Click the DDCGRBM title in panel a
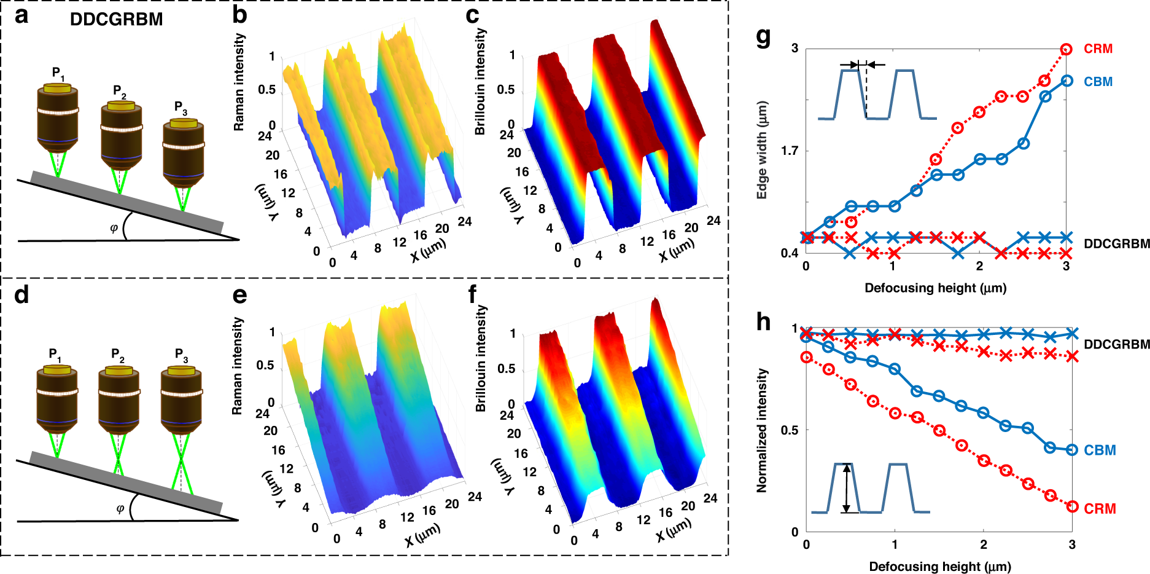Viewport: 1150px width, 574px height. coord(116,19)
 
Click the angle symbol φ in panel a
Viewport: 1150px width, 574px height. coord(114,228)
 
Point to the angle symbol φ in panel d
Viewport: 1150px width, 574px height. coord(120,508)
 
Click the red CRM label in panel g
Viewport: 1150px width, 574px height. coord(1098,49)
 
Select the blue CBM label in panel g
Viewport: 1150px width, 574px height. coord(1098,82)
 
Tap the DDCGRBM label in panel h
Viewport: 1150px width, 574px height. coord(1116,344)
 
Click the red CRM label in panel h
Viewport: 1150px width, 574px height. coord(1100,509)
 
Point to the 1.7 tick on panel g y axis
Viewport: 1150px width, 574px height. coord(790,151)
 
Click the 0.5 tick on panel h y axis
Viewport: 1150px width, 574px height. coord(790,430)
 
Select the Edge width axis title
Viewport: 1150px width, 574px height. coord(762,150)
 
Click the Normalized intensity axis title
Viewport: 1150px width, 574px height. coord(762,430)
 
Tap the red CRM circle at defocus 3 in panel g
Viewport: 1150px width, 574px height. coord(1066,49)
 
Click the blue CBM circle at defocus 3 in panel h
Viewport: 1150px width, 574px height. coord(1072,450)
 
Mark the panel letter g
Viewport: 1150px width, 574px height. coord(763,37)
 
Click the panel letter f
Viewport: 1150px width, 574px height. coord(472,294)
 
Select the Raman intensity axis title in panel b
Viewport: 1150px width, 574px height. coord(239,82)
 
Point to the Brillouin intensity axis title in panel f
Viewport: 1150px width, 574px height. coord(480,358)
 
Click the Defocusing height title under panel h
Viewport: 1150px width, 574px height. coord(939,567)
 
